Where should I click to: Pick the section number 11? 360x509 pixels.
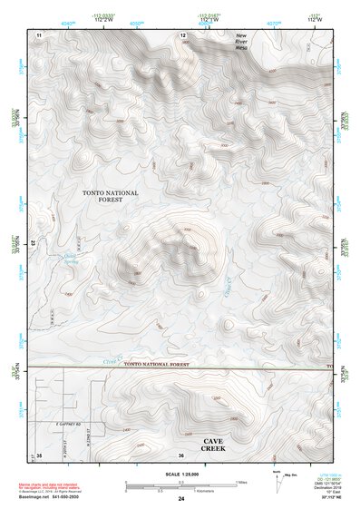[39, 34]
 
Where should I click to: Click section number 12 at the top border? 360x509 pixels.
[182, 34]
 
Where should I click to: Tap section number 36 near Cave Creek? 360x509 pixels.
[181, 454]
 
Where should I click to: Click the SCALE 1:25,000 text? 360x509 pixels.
[181, 474]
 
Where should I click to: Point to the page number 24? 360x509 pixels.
[181, 499]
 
